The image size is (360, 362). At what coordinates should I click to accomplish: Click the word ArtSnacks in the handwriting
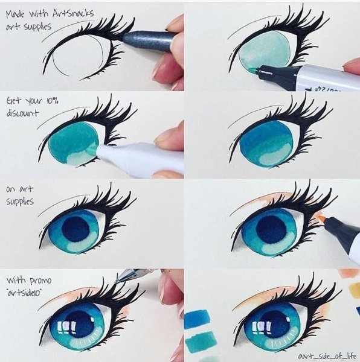click(x=73, y=13)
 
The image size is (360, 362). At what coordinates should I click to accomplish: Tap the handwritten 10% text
click(x=51, y=101)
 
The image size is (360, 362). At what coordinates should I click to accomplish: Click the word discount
click(x=22, y=113)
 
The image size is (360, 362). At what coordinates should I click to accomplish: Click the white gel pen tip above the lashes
click(x=117, y=281)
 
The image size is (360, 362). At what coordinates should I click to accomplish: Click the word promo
click(x=40, y=281)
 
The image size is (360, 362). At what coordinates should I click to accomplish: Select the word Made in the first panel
click(x=14, y=15)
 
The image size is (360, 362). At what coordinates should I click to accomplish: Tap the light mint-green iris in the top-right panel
click(x=263, y=53)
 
